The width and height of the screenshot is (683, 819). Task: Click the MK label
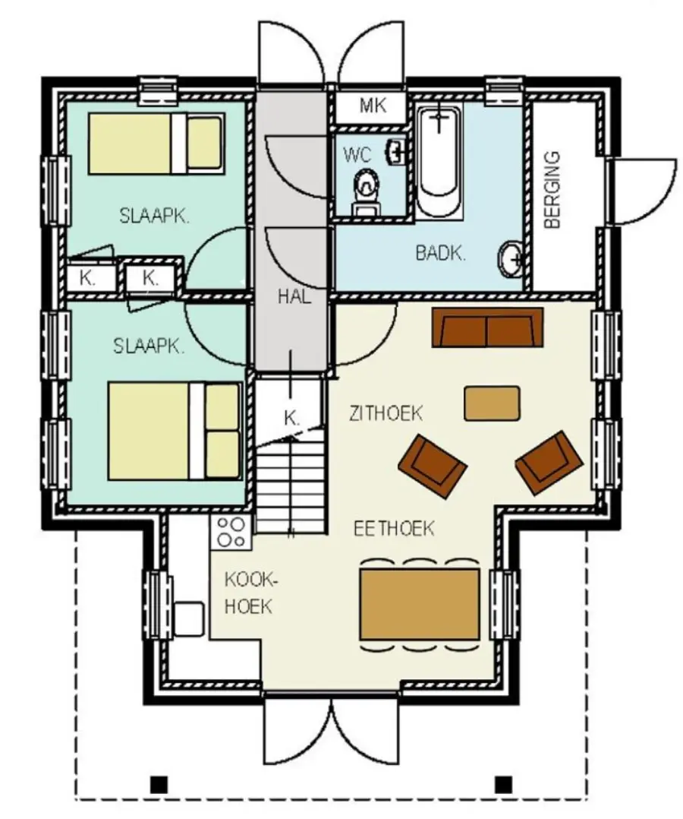coord(373,106)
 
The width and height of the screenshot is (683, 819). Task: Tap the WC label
coord(357,155)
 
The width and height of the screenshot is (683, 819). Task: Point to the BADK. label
coord(440,253)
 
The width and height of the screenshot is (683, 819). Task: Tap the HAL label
coord(294,296)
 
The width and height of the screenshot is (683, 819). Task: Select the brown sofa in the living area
coord(487,327)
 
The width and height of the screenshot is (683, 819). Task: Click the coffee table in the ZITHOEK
coord(492,403)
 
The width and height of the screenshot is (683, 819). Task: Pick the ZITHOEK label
coord(386,413)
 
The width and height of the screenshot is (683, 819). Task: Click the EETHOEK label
coord(393,529)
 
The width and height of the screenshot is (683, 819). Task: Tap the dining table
coord(420,604)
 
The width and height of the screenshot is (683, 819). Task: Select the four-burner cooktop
coord(231,532)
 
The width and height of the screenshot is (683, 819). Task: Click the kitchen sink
coord(188,619)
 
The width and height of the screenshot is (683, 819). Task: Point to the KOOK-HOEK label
coord(248,593)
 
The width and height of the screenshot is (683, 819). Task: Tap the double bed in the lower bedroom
coord(175,432)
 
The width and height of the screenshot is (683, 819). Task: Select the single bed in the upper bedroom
coord(156,144)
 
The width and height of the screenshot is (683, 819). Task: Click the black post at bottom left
coord(159,784)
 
